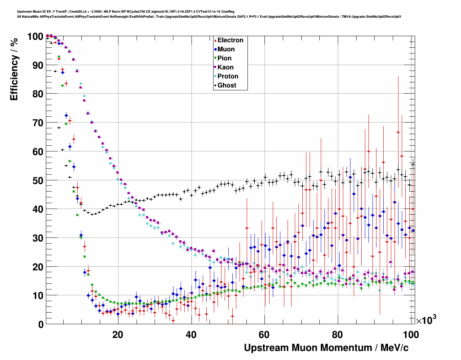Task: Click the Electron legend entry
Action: pyautogui.click(x=230, y=40)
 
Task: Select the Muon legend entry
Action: pyautogui.click(x=226, y=49)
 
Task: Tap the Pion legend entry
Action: pyautogui.click(x=224, y=58)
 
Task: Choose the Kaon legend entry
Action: pyautogui.click(x=225, y=67)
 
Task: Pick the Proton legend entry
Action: pyautogui.click(x=228, y=76)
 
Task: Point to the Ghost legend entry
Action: pyautogui.click(x=227, y=85)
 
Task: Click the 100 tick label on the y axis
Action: pyautogui.click(x=35, y=37)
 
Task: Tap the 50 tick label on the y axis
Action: pyautogui.click(x=38, y=180)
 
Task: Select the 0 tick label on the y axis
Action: pyautogui.click(x=41, y=324)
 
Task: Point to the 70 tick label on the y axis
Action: pyautogui.click(x=38, y=123)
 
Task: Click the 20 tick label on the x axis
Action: pyautogui.click(x=118, y=335)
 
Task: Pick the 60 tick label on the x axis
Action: pyautogui.click(x=264, y=335)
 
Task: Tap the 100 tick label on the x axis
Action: pyautogui.click(x=411, y=335)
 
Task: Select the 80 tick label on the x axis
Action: pyautogui.click(x=338, y=335)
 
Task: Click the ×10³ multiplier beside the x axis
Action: pyautogui.click(x=426, y=320)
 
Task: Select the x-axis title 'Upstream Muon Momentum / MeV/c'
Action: pyautogui.click(x=326, y=348)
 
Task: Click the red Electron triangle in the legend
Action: pyautogui.click(x=215, y=40)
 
